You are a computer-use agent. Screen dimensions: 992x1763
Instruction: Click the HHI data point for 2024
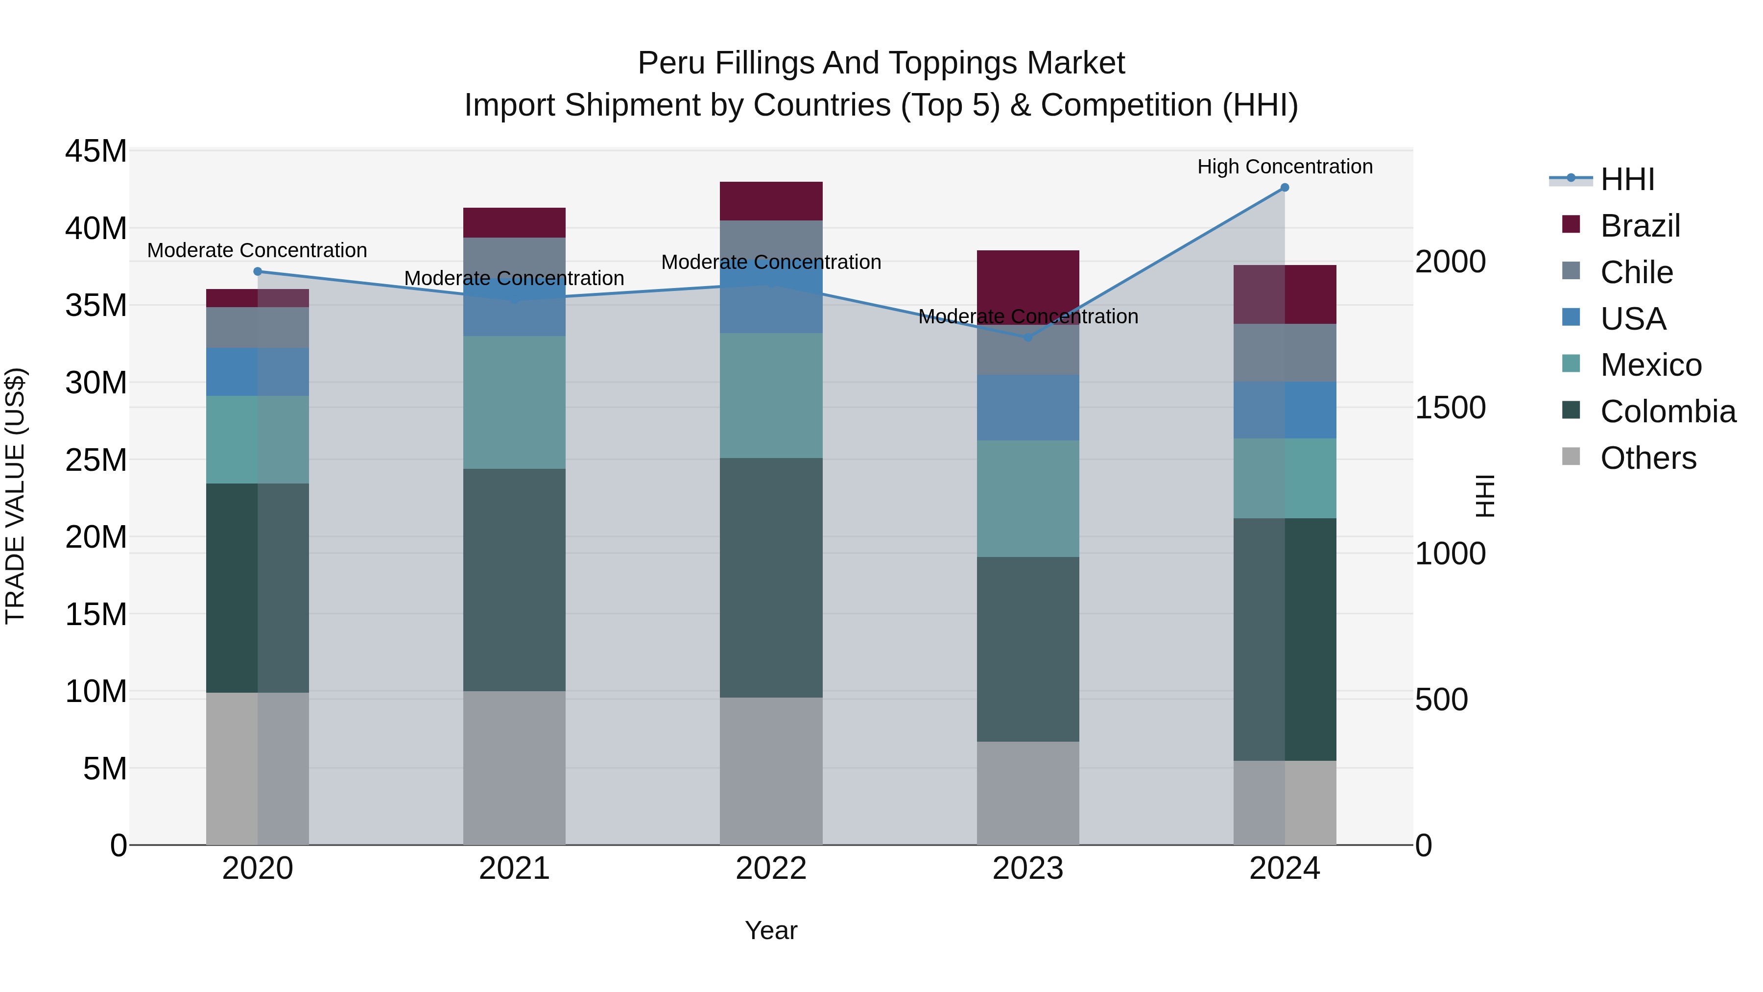pos(1284,188)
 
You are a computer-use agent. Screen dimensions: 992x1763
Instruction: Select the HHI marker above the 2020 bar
pos(257,272)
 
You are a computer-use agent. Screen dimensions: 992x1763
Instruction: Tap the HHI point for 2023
pos(1027,338)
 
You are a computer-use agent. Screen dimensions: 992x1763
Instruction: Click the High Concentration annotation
pos(1285,167)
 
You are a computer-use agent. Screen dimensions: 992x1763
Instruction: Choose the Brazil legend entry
pos(1640,226)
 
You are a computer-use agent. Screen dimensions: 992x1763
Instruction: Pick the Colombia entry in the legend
pos(1667,411)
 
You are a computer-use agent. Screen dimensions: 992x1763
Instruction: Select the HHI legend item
pos(1627,179)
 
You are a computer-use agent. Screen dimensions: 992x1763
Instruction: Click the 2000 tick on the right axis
pos(1450,262)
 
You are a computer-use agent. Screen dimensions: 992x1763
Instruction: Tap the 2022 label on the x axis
pos(771,869)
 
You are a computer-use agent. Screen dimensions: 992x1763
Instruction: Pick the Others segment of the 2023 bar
pos(1027,793)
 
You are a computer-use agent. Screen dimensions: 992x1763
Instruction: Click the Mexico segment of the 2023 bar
pos(1027,498)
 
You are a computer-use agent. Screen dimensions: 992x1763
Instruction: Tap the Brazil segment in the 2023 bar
pos(1027,281)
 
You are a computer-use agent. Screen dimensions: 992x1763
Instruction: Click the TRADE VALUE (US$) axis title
pos(15,496)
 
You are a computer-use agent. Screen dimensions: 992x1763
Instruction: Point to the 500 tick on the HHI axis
pos(1441,700)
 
